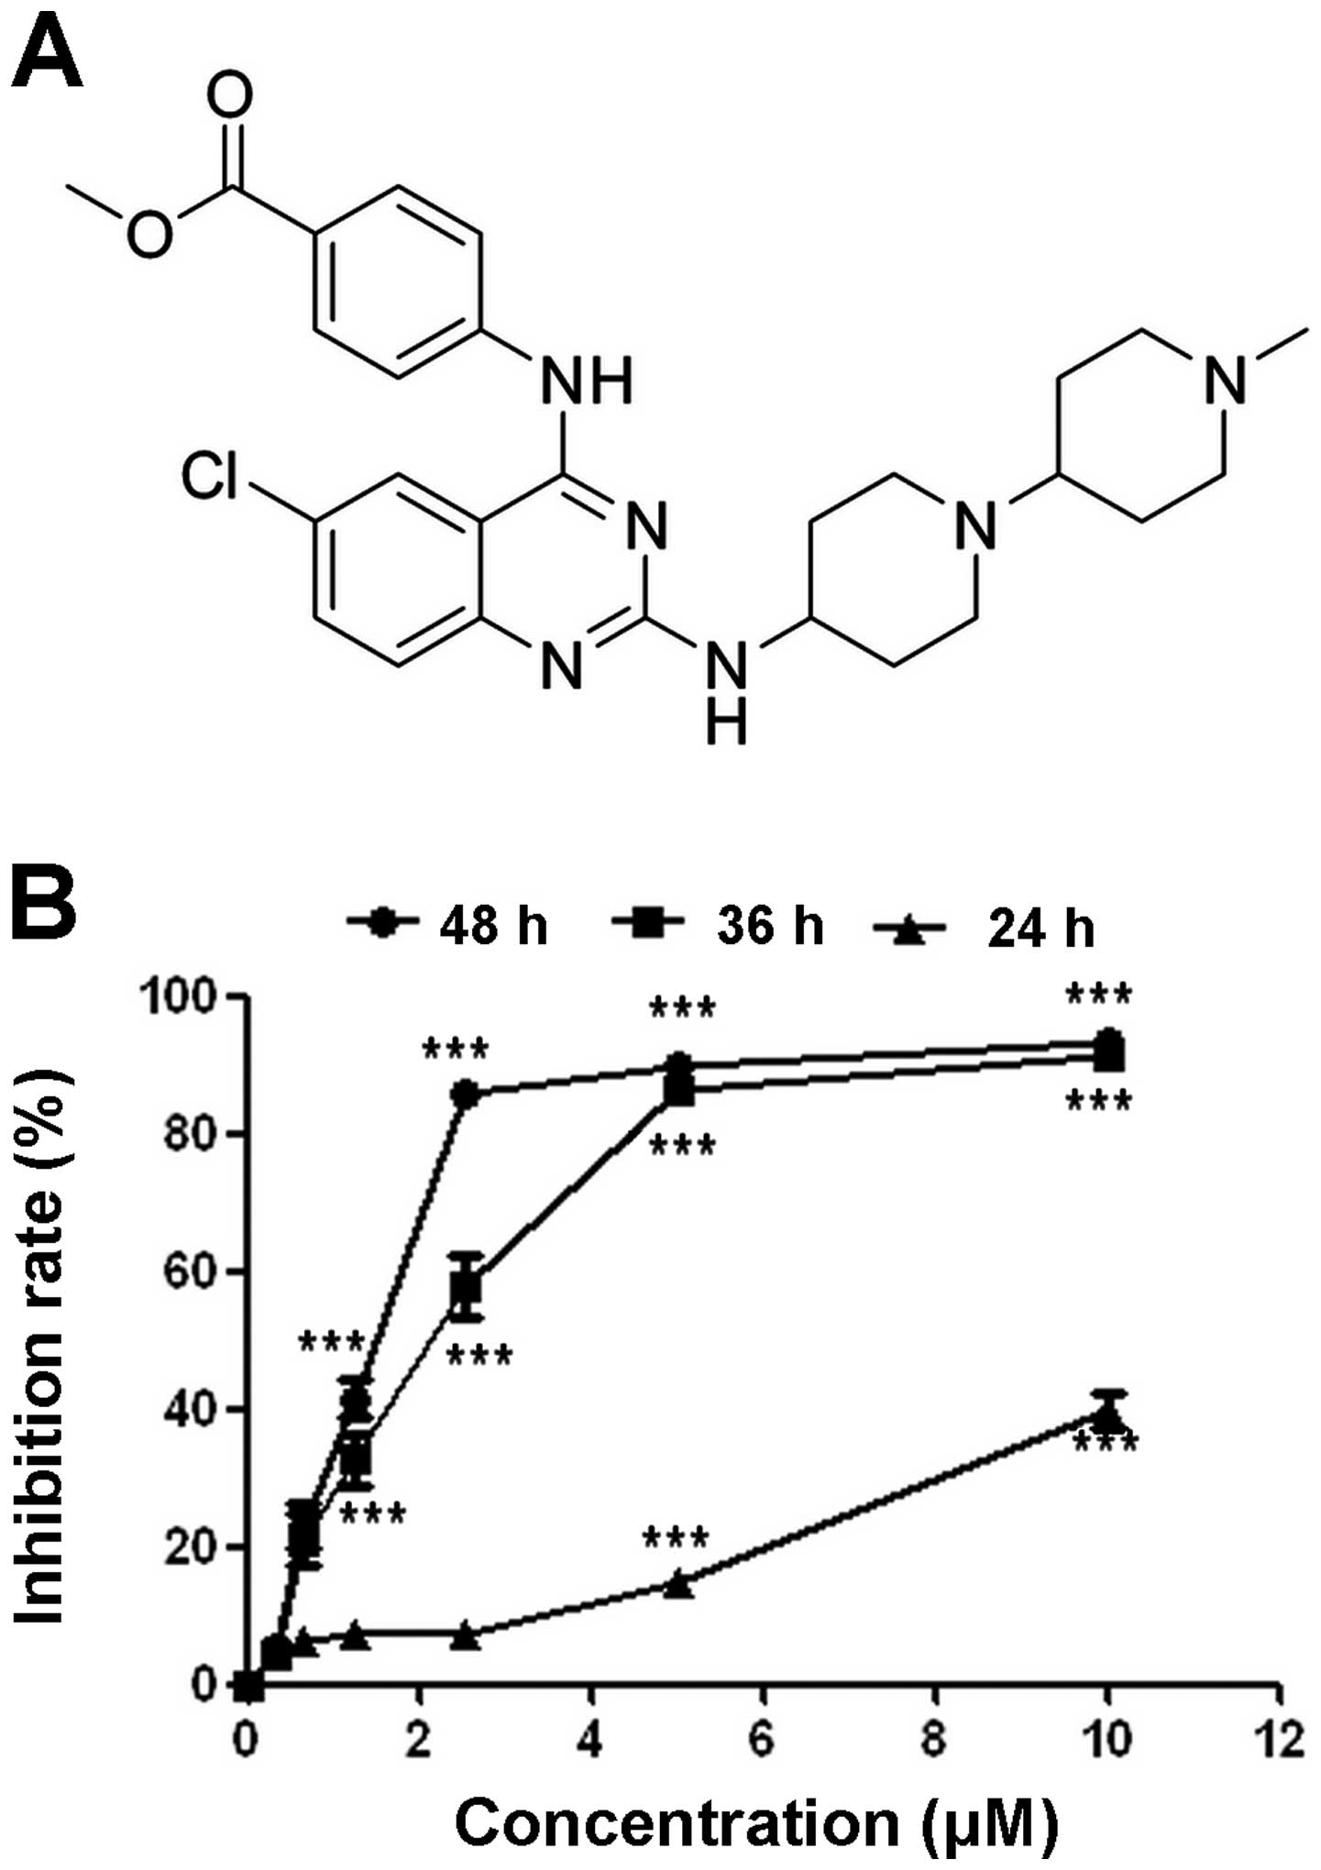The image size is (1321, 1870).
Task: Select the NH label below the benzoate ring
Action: click(587, 380)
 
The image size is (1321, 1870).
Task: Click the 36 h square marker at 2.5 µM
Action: click(466, 1287)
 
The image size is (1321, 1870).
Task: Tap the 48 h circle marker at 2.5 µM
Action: click(466, 1094)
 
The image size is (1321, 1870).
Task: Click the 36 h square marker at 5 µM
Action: click(677, 1090)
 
